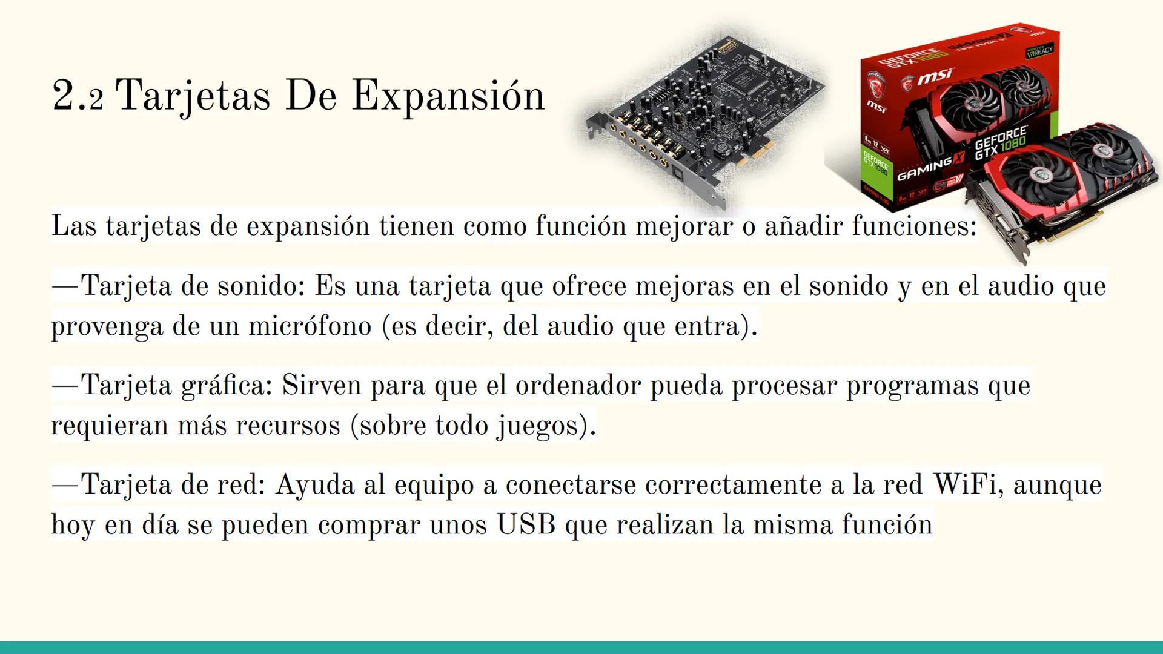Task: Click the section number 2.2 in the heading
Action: [x=78, y=96]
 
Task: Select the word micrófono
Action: [x=310, y=326]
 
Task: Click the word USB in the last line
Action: [x=526, y=524]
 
